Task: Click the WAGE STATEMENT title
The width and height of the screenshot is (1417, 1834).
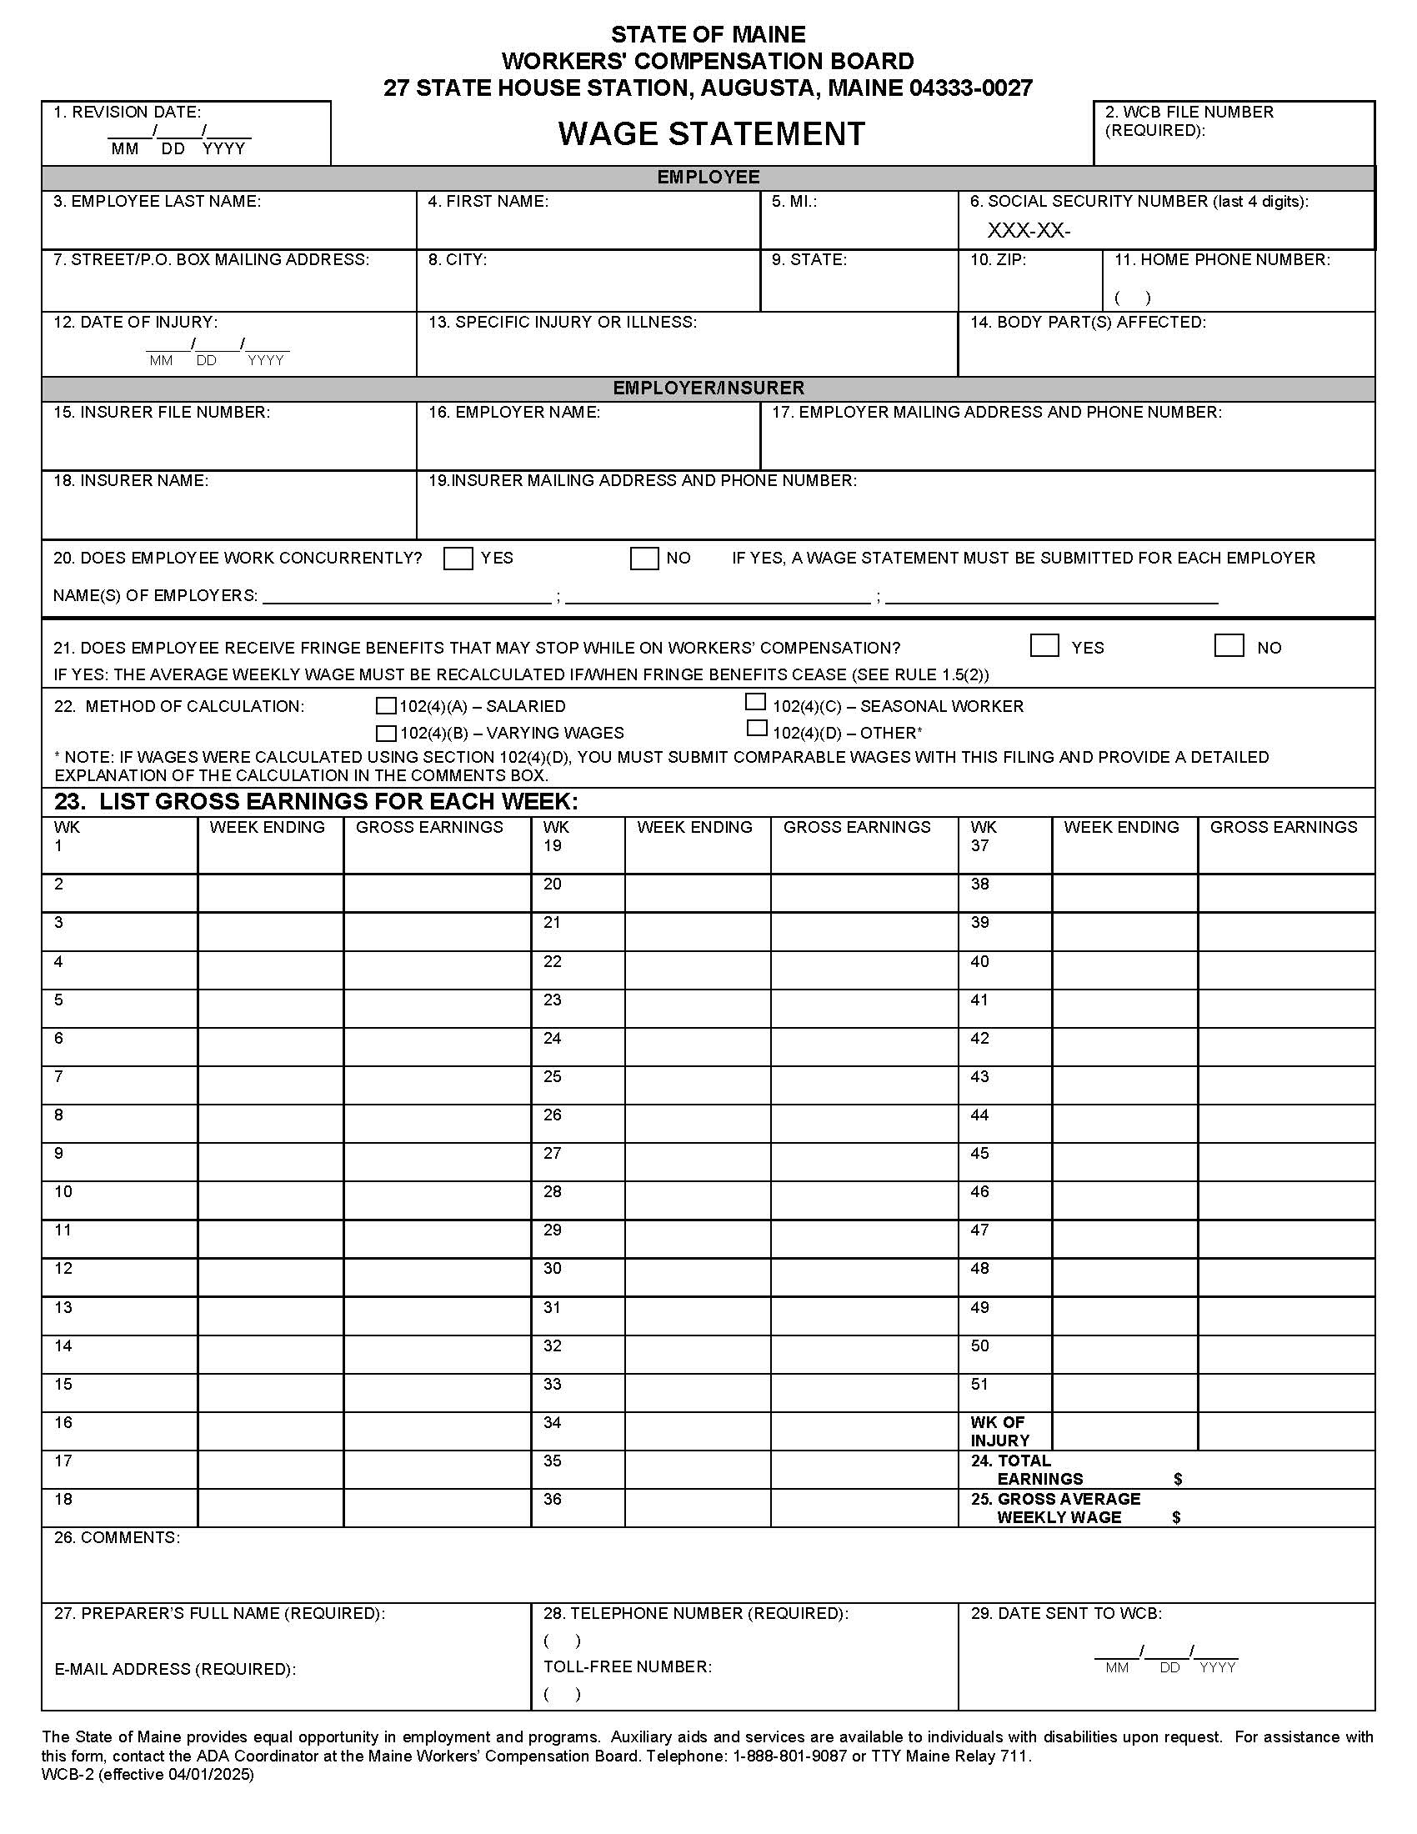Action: coord(711,134)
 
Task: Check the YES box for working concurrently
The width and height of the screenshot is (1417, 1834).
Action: coord(458,559)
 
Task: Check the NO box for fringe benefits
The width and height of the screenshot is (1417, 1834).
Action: coord(1228,646)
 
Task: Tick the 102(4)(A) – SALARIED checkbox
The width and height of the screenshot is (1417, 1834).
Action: coord(385,706)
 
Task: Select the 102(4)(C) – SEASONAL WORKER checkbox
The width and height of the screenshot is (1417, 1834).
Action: coord(755,702)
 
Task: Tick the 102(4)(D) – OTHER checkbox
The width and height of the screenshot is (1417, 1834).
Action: coord(756,728)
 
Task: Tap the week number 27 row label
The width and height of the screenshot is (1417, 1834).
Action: coord(552,1153)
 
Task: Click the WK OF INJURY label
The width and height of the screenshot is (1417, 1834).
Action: coord(998,1431)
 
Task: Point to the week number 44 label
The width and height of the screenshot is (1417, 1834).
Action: coord(979,1115)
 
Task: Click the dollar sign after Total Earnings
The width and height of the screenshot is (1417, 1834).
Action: coord(1177,1479)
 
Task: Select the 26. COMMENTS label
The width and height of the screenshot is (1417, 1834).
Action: coord(117,1537)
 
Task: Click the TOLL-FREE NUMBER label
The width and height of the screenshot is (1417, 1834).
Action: coord(626,1666)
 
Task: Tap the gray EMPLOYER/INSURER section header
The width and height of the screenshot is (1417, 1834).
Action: coord(708,388)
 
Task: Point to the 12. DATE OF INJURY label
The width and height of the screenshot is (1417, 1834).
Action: coord(135,323)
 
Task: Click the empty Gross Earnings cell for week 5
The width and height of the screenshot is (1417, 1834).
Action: coord(437,1009)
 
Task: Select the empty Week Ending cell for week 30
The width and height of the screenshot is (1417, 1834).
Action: coord(697,1277)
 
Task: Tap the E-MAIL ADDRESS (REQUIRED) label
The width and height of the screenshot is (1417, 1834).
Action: coord(174,1669)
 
